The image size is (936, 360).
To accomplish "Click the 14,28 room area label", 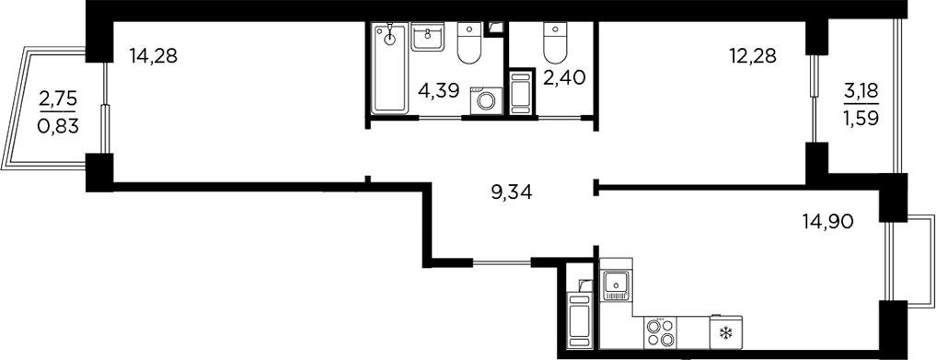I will pyautogui.click(x=153, y=56).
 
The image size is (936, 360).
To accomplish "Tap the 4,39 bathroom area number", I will pyautogui.click(x=439, y=90).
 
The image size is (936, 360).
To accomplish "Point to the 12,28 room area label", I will pyautogui.click(x=753, y=56).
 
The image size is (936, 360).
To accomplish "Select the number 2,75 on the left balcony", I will pyautogui.click(x=57, y=98).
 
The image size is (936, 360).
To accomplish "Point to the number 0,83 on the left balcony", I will pyautogui.click(x=57, y=126).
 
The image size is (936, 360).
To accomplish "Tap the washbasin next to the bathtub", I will pyautogui.click(x=428, y=39).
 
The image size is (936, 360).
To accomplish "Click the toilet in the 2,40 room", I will pyautogui.click(x=555, y=41).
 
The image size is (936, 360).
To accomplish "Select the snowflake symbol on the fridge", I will pyautogui.click(x=724, y=331).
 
